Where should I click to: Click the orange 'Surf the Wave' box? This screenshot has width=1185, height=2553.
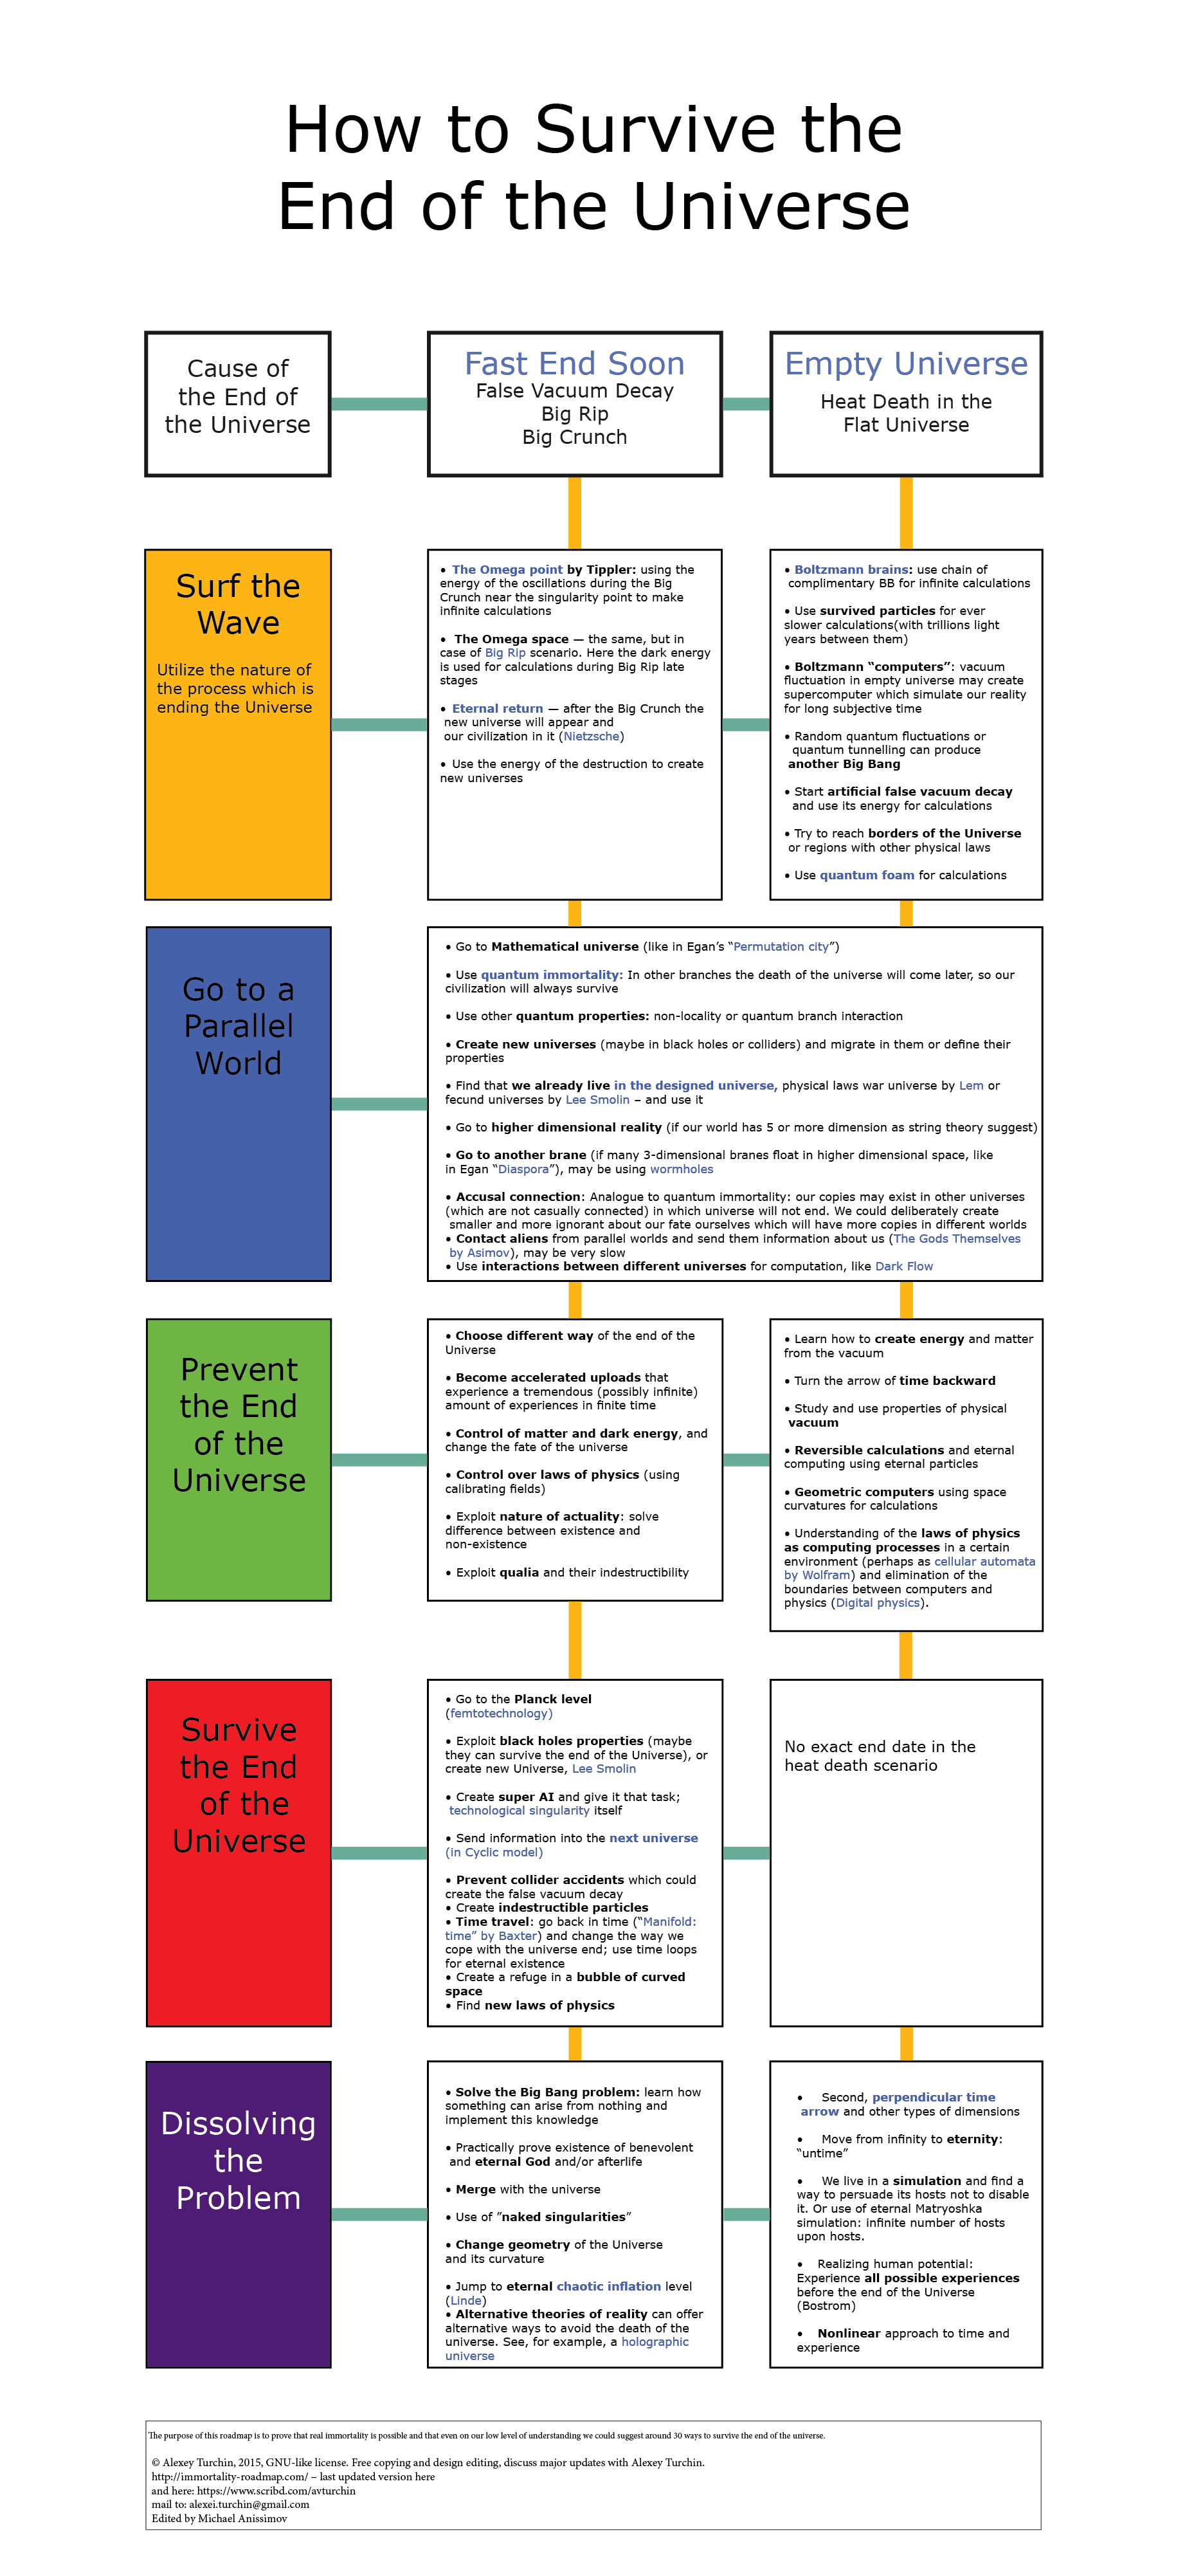pyautogui.click(x=238, y=724)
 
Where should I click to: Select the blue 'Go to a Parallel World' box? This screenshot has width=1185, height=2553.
pyautogui.click(x=238, y=1103)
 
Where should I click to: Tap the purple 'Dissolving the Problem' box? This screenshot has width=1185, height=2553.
pyautogui.click(x=238, y=2213)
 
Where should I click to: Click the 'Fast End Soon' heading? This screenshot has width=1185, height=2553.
pyautogui.click(x=575, y=363)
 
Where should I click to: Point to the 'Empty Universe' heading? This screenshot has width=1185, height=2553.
pyautogui.click(x=905, y=363)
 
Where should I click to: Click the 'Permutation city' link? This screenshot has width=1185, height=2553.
pyautogui.click(x=781, y=946)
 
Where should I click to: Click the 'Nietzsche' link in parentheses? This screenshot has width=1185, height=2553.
pyautogui.click(x=592, y=737)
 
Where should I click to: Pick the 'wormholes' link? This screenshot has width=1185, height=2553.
pyautogui.click(x=682, y=1169)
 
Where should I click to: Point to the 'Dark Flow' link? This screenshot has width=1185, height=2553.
pyautogui.click(x=903, y=1267)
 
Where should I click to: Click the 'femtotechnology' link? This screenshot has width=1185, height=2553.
pyautogui.click(x=500, y=1714)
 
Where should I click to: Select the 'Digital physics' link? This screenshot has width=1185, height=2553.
pyautogui.click(x=878, y=1602)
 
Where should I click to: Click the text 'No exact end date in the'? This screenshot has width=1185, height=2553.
pyautogui.click(x=880, y=1746)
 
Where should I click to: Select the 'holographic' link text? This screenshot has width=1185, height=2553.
pyautogui.click(x=655, y=2342)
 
